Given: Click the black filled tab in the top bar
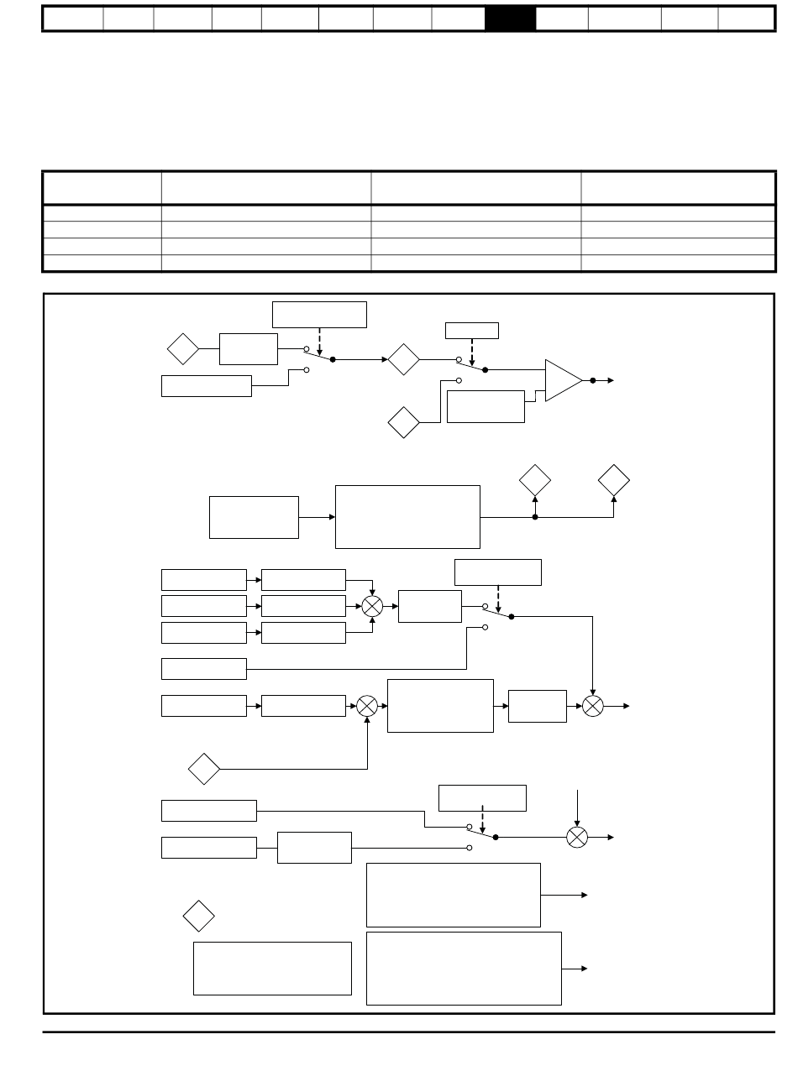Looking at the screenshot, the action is click(510, 18).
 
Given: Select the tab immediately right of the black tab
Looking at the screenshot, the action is click(561, 18).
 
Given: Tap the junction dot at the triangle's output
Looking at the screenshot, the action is click(593, 380).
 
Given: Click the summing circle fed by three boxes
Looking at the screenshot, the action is click(372, 606).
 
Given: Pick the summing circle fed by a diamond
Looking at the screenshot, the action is click(367, 706).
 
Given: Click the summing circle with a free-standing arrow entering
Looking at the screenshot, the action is click(576, 837).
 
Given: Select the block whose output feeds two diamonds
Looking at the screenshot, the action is click(407, 516).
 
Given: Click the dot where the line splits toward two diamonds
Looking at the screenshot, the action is click(535, 517).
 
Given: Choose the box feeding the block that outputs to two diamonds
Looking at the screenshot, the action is click(254, 517).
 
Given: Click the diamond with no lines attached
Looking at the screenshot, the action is click(199, 915).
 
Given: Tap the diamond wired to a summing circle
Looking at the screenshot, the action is click(204, 768).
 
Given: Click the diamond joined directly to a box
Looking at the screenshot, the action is click(183, 348).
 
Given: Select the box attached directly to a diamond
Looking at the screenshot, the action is click(248, 348).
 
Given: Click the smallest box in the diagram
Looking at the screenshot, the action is click(471, 330).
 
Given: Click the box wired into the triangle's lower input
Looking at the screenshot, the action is click(486, 406).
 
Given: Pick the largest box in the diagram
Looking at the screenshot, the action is click(464, 968).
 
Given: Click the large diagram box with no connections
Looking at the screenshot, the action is click(272, 968).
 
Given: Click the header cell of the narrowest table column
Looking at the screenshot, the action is click(102, 187).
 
